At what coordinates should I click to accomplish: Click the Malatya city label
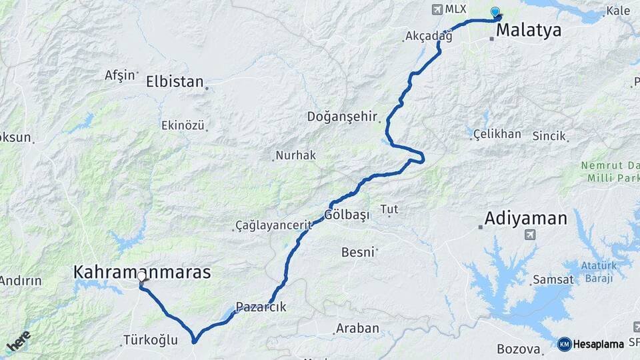(529, 30)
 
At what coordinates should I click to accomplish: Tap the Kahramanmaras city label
(142, 272)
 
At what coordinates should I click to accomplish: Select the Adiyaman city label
(526, 219)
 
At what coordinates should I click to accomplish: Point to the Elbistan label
(175, 82)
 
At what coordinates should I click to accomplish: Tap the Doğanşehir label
(342, 117)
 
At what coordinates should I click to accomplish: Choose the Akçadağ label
(427, 37)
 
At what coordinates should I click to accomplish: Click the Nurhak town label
(297, 155)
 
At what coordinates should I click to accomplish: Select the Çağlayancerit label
(274, 226)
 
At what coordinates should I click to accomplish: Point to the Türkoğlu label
(151, 341)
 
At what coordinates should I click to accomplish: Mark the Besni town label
(359, 253)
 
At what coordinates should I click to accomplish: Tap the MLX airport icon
(437, 10)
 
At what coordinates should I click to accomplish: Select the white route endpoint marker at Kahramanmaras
(141, 276)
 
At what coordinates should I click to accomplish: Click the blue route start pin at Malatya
(495, 12)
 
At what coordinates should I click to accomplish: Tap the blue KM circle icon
(564, 344)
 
